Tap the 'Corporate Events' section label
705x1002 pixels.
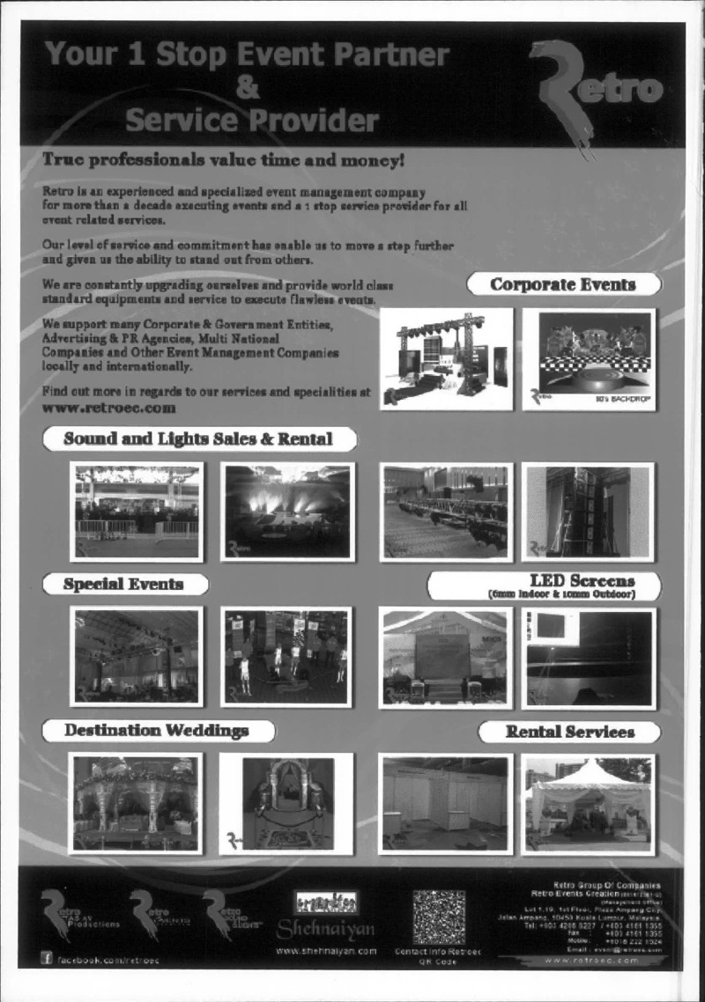(563, 284)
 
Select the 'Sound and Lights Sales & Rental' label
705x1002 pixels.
(198, 438)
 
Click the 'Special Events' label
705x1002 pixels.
(123, 584)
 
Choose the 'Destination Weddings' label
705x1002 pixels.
(157, 731)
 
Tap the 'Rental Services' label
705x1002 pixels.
(568, 732)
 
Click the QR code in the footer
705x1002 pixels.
(438, 917)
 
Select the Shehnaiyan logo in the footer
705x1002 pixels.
(326, 917)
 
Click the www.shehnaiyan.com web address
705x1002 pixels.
(326, 951)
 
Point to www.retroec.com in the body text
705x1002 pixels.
(109, 409)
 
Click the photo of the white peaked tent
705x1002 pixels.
(588, 804)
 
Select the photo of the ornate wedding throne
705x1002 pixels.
(286, 803)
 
